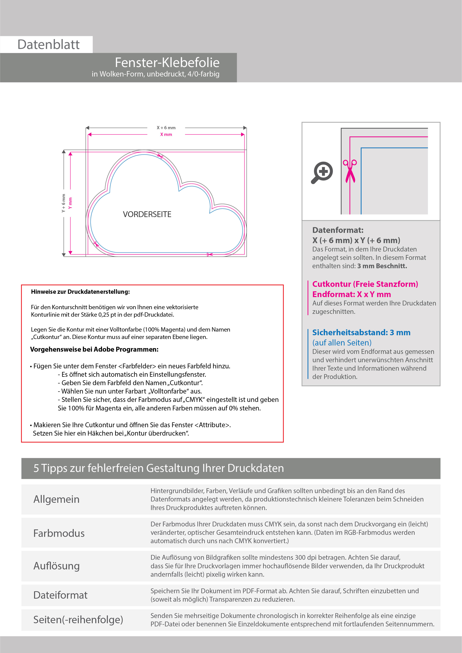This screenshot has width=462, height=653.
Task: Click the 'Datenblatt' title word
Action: click(x=48, y=45)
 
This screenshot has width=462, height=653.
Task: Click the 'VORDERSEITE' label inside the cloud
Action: click(x=147, y=214)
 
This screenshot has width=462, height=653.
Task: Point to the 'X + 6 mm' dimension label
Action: click(x=166, y=128)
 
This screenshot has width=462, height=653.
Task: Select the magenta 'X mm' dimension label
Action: click(x=166, y=135)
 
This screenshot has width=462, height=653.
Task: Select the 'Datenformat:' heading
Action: click(x=338, y=230)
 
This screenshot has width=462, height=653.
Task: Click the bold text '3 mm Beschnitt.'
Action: click(x=382, y=266)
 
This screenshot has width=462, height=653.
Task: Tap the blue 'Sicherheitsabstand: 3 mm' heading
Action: click(x=361, y=332)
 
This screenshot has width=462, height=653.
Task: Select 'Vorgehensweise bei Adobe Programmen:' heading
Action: click(x=94, y=349)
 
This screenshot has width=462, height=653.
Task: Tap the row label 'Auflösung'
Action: click(x=56, y=566)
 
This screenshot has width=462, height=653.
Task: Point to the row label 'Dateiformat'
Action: click(x=60, y=595)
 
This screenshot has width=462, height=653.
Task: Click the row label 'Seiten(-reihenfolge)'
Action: click(x=78, y=619)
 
